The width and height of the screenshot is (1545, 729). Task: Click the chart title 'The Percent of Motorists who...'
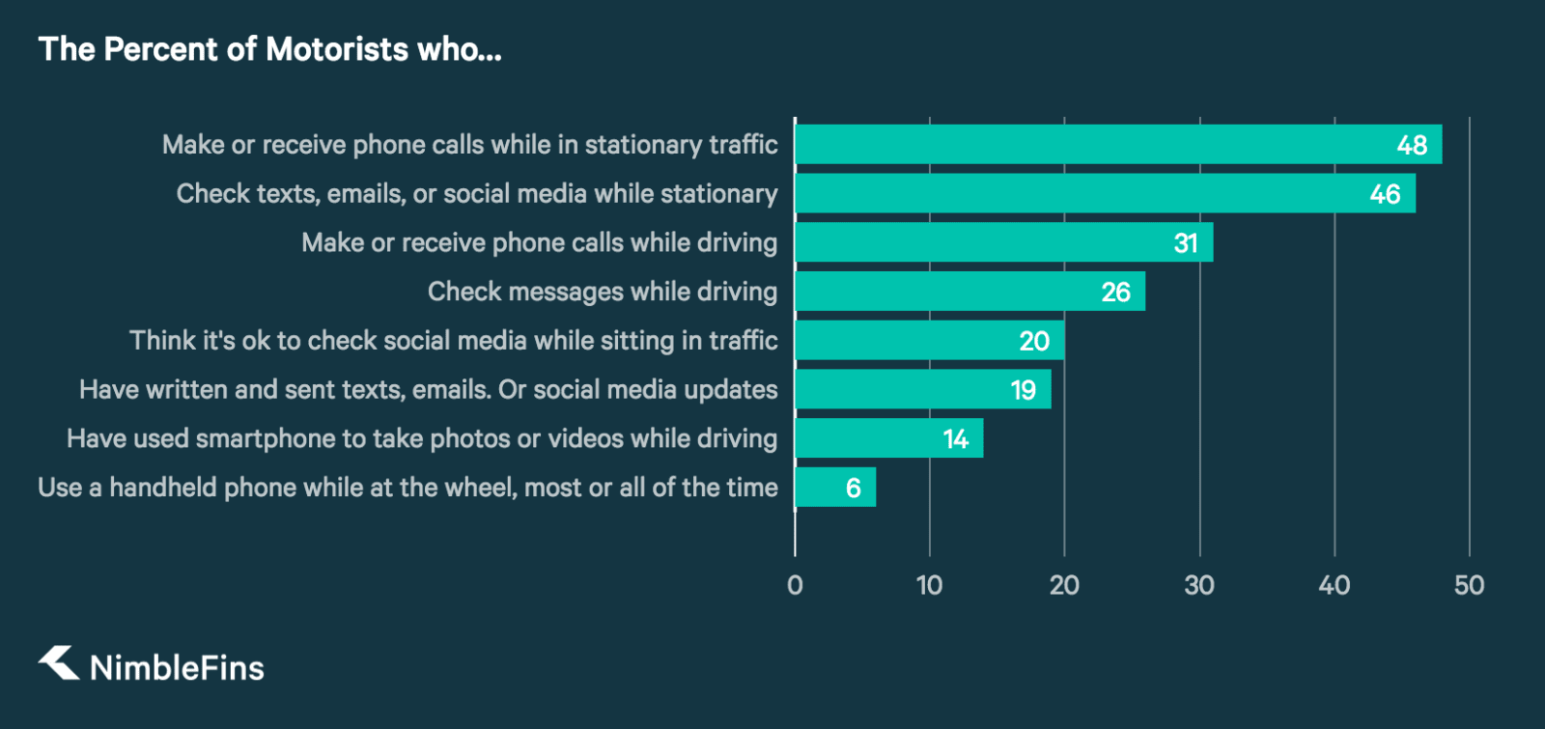point(270,49)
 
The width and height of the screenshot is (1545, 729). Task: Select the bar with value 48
point(1117,144)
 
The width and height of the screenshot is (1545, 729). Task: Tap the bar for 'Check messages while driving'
point(969,291)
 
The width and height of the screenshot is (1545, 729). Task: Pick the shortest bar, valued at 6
point(835,487)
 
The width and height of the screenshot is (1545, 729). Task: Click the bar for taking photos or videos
point(888,437)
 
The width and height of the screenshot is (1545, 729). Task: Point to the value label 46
point(1385,194)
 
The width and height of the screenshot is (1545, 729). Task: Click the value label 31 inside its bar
point(1186,243)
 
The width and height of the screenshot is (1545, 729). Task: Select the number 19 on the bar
point(1024,390)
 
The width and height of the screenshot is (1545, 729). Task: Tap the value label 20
point(1034,341)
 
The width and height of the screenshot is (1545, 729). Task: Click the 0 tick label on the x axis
point(795,585)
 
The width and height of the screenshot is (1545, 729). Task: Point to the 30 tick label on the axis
point(1199,585)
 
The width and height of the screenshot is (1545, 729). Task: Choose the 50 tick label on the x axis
point(1469,585)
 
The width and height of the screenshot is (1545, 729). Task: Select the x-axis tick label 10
point(929,585)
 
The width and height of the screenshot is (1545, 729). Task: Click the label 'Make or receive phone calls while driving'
point(539,242)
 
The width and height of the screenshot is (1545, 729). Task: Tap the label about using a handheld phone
point(407,487)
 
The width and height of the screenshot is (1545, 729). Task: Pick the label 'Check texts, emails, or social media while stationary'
point(477,193)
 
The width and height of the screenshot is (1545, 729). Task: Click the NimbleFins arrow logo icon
point(59,663)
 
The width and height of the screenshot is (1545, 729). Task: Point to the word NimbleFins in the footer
point(177,667)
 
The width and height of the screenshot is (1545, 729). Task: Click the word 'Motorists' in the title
point(337,49)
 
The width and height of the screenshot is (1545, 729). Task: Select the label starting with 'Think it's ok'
point(454,340)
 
